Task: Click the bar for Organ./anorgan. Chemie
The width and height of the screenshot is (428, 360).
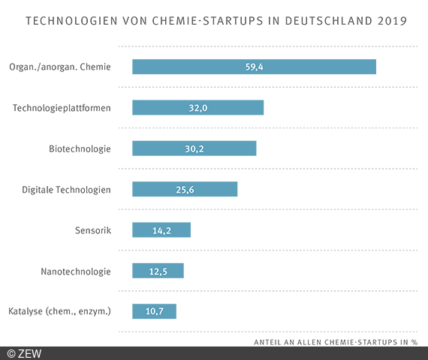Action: click(254, 67)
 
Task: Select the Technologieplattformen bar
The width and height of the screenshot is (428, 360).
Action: click(197, 107)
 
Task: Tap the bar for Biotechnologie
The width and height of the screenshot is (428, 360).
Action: click(194, 148)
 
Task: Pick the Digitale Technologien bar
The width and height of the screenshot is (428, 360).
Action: click(185, 189)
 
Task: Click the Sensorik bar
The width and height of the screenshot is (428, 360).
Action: click(161, 229)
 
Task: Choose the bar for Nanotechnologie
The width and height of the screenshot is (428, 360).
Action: click(158, 270)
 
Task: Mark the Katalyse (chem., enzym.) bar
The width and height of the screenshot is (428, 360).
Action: click(154, 311)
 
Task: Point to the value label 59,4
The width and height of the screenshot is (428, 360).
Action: click(254, 67)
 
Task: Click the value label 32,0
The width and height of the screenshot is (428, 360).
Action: click(197, 107)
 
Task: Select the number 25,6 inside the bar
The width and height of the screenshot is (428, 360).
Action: click(185, 189)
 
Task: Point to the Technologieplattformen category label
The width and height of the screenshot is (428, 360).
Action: click(62, 108)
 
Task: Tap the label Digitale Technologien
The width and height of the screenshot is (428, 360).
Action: click(66, 189)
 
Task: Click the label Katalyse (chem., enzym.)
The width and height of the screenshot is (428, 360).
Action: click(60, 311)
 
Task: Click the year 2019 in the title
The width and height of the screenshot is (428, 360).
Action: click(390, 20)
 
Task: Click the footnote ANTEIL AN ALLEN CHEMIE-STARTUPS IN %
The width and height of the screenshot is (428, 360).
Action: click(336, 342)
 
